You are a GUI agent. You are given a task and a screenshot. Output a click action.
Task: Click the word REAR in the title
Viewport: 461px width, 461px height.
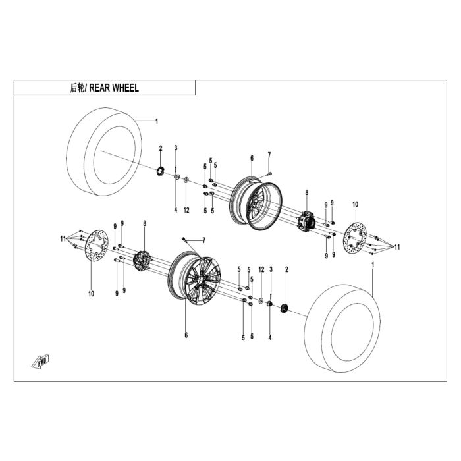(99, 88)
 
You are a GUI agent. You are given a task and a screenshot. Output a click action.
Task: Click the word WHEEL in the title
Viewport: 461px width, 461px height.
(126, 88)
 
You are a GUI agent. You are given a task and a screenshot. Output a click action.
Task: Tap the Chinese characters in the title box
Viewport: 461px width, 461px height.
(77, 88)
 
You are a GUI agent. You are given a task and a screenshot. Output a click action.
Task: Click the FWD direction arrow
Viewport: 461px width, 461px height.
(40, 361)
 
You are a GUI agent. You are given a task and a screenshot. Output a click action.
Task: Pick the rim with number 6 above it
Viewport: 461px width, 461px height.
(256, 204)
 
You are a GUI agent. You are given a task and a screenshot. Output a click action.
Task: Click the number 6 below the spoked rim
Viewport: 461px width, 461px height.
(186, 335)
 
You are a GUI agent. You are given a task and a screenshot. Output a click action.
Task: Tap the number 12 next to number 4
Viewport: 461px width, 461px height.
(186, 210)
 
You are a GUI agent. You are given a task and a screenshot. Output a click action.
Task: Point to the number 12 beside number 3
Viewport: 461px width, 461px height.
(261, 269)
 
